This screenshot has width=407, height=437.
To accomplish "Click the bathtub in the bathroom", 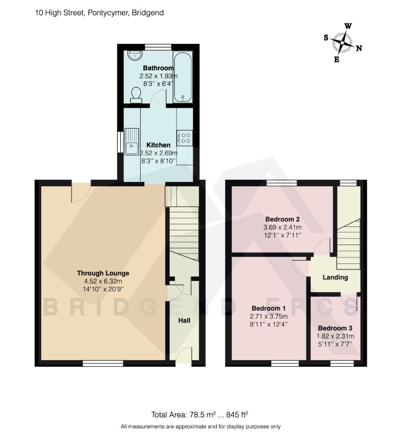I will (182, 77).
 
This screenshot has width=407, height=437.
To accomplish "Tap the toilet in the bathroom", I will (135, 95).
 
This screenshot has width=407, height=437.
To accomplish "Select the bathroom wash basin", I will (134, 55).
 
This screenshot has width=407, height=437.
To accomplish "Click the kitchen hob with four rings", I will (184, 137).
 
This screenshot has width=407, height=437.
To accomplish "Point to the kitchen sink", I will (132, 142).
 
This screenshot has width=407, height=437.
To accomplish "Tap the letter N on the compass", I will (359, 48).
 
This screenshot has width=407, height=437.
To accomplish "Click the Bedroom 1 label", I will (268, 308).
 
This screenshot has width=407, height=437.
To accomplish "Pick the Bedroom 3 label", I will (335, 328).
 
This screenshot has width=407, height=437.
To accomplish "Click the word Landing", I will (335, 277).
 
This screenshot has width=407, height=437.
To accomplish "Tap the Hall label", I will (184, 320).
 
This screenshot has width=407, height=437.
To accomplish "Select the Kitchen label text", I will (158, 145).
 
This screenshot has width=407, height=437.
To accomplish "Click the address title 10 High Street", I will (99, 13).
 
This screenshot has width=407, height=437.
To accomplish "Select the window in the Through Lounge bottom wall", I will (103, 363).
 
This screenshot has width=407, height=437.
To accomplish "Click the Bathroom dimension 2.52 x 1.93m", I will (158, 76).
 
